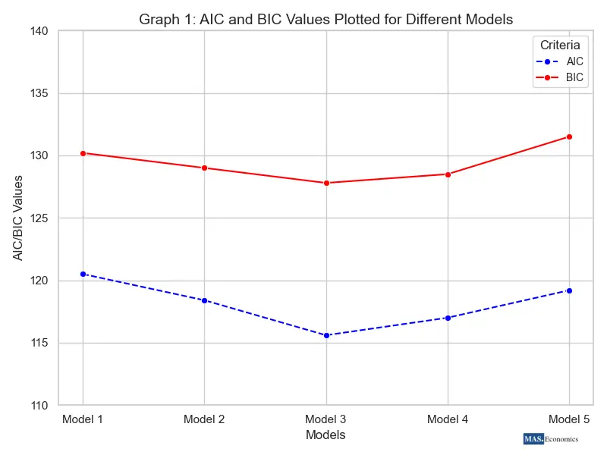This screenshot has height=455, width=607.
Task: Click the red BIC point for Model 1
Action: pyautogui.click(x=83, y=153)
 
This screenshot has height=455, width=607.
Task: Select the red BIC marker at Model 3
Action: pyautogui.click(x=326, y=183)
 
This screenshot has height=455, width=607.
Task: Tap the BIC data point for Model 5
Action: pyautogui.click(x=569, y=136)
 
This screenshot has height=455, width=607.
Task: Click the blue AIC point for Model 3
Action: pyautogui.click(x=326, y=335)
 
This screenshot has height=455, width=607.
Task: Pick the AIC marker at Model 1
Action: pyautogui.click(x=83, y=274)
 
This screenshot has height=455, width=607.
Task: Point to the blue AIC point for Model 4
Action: pyautogui.click(x=448, y=318)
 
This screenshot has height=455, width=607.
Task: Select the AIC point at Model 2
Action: pyautogui.click(x=204, y=300)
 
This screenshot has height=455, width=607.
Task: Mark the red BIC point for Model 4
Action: pyautogui.click(x=448, y=174)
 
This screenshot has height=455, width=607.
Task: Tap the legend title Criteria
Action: pyautogui.click(x=560, y=45)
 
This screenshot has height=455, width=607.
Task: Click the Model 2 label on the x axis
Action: pyautogui.click(x=204, y=419)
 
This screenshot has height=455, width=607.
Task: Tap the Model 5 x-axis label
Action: pyautogui.click(x=569, y=419)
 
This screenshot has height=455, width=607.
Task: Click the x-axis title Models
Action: pyautogui.click(x=326, y=435)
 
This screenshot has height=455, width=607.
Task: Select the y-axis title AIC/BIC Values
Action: pyautogui.click(x=17, y=218)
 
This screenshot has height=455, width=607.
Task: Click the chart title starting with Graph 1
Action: pyautogui.click(x=326, y=19)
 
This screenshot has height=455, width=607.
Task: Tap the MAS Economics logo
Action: pyautogui.click(x=551, y=439)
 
